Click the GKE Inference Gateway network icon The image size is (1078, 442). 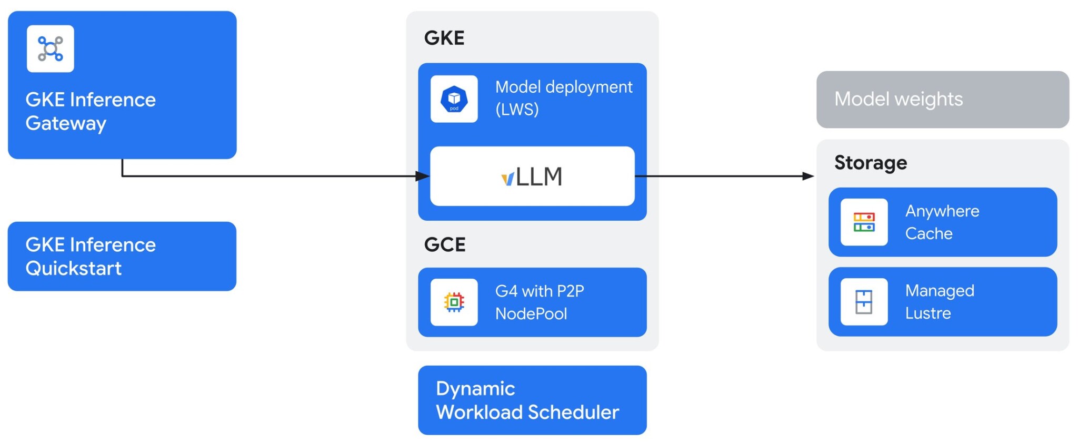click(x=51, y=49)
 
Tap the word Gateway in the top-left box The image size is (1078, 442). click(x=66, y=123)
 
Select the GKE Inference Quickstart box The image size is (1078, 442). click(x=122, y=257)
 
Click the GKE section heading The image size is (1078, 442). click(x=444, y=38)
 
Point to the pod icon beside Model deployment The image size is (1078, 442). click(x=454, y=99)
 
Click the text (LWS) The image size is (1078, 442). click(x=517, y=110)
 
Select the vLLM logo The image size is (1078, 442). click(x=532, y=176)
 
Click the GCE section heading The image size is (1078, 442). click(x=445, y=244)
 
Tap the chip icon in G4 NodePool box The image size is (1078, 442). click(x=454, y=302)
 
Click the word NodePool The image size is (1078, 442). click(x=531, y=314)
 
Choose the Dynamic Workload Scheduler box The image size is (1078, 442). click(x=532, y=400)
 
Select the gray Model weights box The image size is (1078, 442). click(x=942, y=100)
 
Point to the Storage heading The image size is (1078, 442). click(x=871, y=163)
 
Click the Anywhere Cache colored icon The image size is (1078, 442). click(x=864, y=222)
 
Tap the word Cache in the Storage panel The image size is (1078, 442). click(x=929, y=234)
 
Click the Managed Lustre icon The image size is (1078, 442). click(x=864, y=302)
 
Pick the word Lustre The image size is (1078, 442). click(x=928, y=313)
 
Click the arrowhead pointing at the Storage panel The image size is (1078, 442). click(x=808, y=176)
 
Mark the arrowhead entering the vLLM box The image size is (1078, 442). click(x=423, y=176)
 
